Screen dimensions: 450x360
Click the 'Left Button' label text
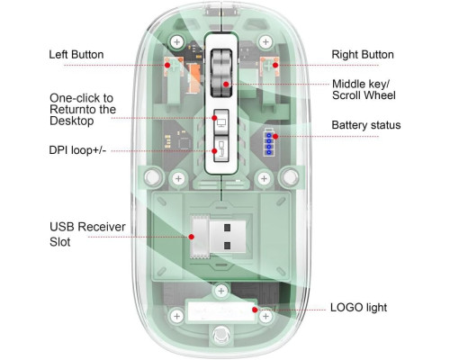point(76,55)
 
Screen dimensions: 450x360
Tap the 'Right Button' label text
point(363,55)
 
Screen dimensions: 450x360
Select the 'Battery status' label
point(366,125)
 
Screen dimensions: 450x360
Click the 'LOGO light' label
point(358,308)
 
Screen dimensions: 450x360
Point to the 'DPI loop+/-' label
point(77,149)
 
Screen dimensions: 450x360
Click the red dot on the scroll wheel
point(226,85)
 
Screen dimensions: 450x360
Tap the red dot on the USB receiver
point(192,237)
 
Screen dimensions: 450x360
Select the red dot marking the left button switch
point(167,65)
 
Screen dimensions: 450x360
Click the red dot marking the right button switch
point(275,65)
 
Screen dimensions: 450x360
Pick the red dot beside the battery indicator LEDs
point(275,136)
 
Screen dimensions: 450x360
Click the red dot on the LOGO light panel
point(255,310)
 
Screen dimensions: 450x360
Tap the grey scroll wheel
point(221,73)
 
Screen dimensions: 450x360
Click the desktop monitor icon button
point(221,122)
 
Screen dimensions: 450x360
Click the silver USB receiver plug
point(218,237)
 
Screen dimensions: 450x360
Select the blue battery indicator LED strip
point(269,142)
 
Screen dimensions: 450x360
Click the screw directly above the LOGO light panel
point(221,291)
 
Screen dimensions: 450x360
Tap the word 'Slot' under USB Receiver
point(60,242)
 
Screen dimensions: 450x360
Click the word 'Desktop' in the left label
point(72,121)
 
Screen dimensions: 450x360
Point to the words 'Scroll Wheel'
point(364,95)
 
